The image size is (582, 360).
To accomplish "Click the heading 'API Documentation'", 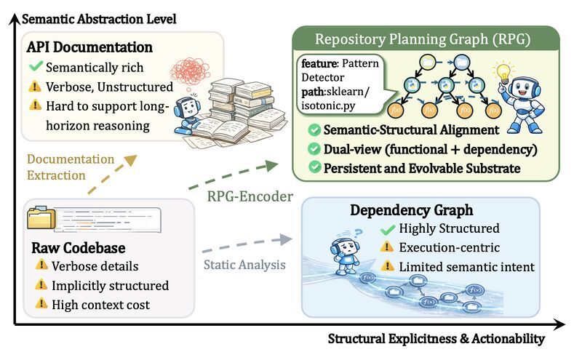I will [89, 47].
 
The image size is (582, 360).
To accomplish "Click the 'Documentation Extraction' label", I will [71, 167].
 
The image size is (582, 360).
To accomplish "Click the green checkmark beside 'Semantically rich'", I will [35, 68].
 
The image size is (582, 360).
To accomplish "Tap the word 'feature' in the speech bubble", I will [318, 63].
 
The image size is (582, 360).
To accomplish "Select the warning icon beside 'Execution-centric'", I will [388, 249].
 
